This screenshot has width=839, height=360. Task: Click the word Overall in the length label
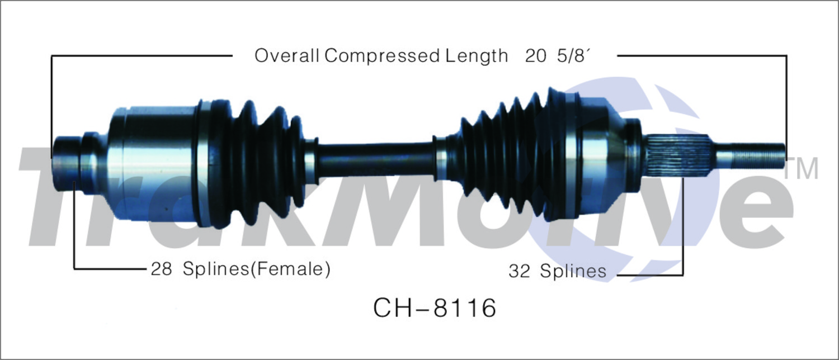tap(286, 56)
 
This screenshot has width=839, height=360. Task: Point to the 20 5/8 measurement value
tap(558, 56)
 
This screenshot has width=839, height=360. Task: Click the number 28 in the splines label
tap(161, 269)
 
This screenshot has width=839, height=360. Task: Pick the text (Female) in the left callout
tap(290, 269)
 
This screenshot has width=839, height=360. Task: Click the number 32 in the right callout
tap(519, 271)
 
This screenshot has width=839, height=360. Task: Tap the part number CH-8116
tap(435, 308)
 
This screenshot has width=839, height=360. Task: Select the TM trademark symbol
tap(801, 168)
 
